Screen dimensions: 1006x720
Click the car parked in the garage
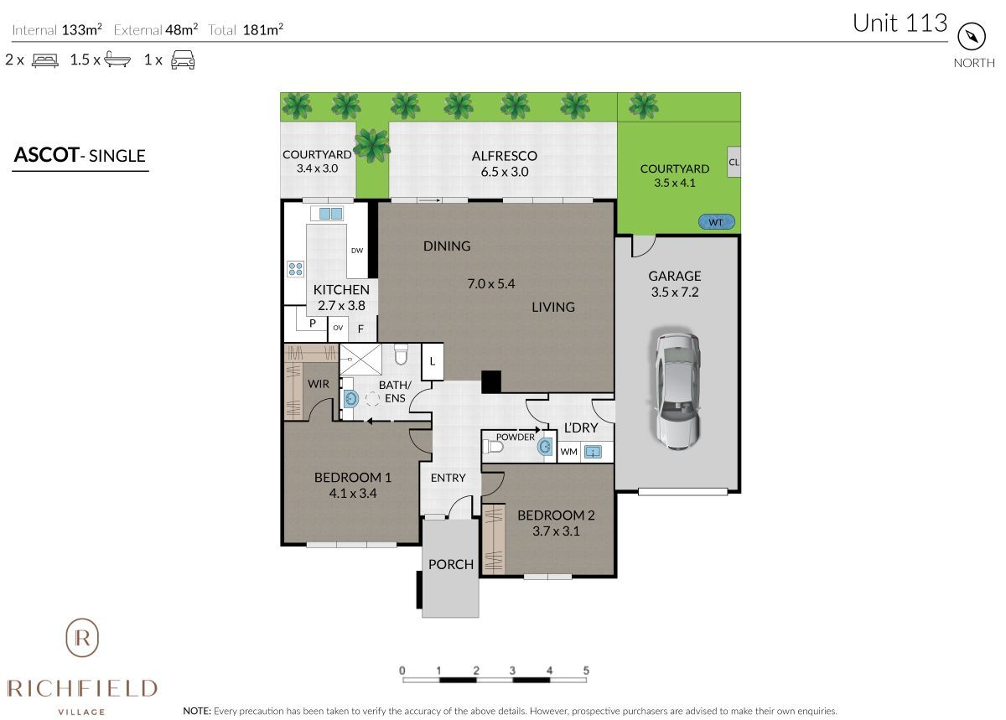[x=677, y=391]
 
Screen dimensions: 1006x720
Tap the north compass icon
[x=972, y=37]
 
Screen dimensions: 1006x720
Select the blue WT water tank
[x=716, y=222]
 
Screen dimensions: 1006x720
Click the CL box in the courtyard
[x=734, y=162]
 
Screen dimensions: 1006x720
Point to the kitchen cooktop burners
[x=295, y=269]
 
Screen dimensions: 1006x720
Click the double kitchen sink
[x=330, y=214]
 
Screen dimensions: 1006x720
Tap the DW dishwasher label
[x=357, y=251]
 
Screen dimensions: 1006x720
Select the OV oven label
[x=338, y=328]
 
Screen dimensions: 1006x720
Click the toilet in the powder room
[x=493, y=447]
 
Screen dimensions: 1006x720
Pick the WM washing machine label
[x=568, y=452]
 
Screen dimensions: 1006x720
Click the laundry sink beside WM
[x=593, y=452]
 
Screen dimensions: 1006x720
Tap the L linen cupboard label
[x=433, y=361]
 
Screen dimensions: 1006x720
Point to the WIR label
[x=319, y=384]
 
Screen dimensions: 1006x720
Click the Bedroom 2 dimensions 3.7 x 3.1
[x=556, y=531]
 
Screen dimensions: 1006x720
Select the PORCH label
[x=451, y=565]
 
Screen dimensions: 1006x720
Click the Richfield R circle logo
[x=82, y=638]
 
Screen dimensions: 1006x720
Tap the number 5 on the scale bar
[x=586, y=671]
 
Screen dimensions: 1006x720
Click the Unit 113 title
[x=900, y=23]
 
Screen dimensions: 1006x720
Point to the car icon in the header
[x=183, y=60]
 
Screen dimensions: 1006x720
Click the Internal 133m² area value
[x=82, y=29]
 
